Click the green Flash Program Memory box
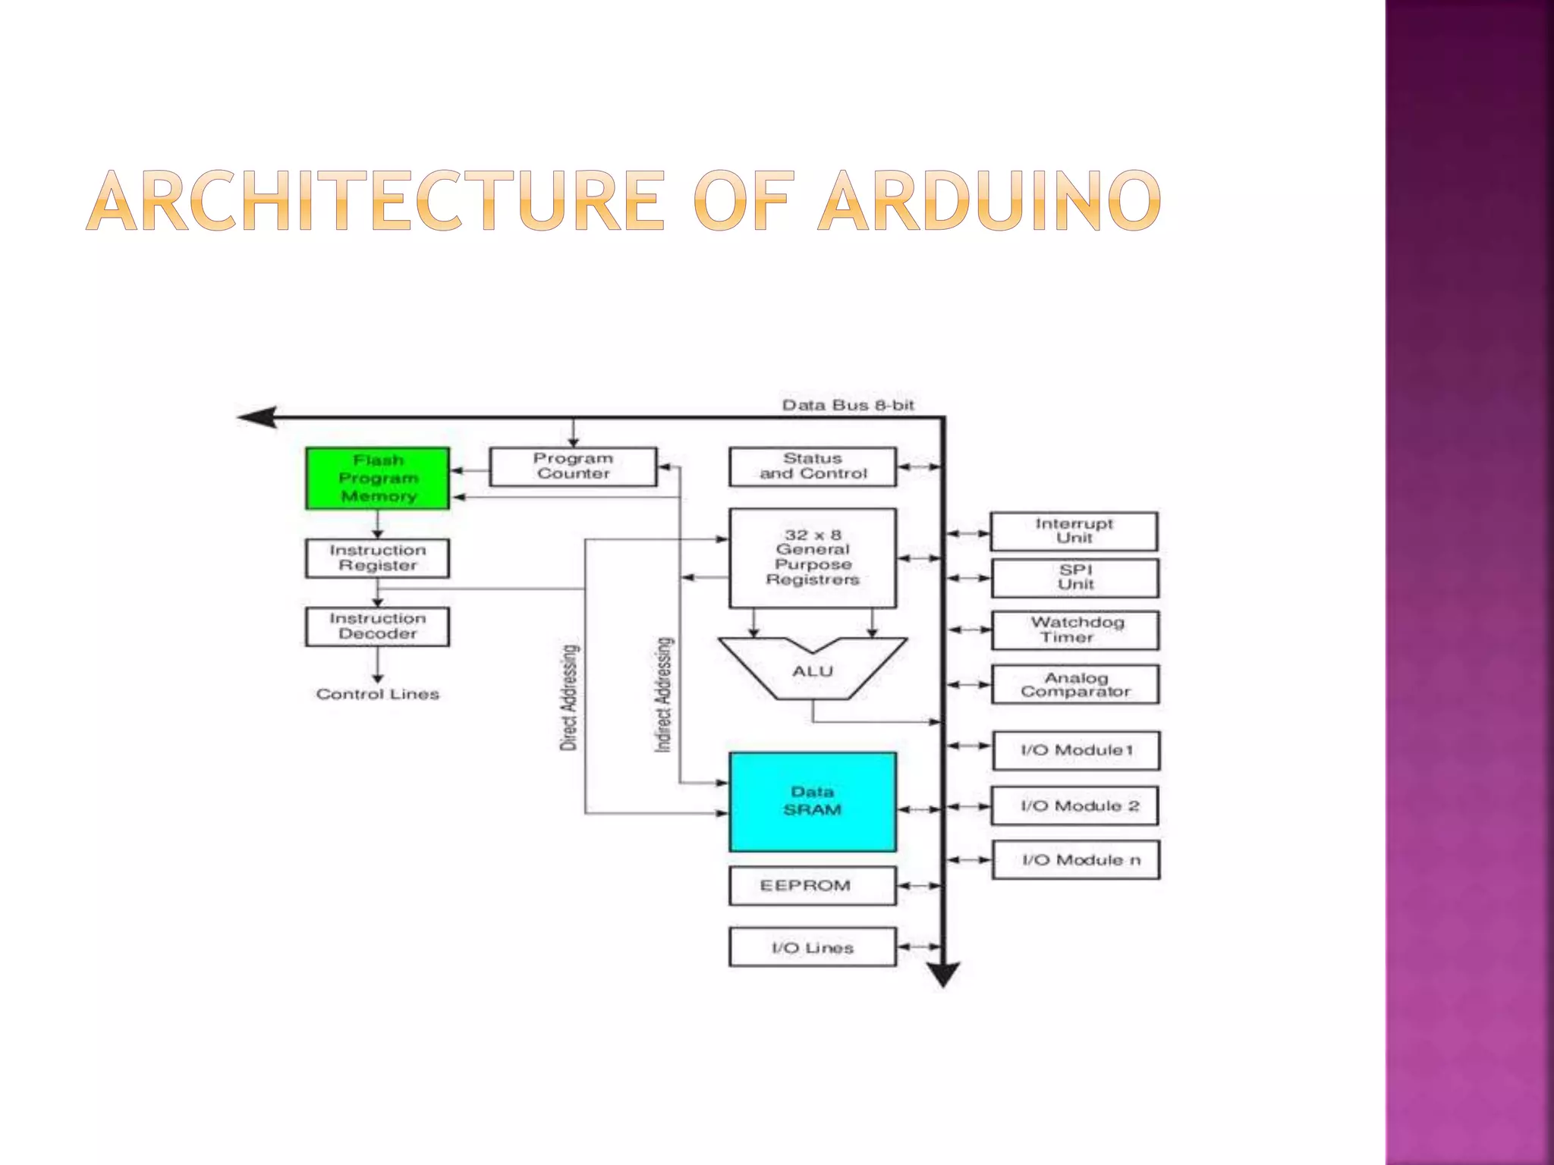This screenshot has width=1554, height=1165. [x=377, y=479]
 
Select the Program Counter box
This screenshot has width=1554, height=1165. [x=573, y=466]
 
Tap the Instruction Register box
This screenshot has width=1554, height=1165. [x=377, y=558]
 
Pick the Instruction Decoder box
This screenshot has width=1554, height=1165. [x=377, y=626]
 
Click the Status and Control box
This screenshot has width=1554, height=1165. [x=813, y=466]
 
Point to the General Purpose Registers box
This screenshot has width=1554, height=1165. [x=813, y=557]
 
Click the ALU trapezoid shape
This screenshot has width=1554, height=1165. [x=813, y=670]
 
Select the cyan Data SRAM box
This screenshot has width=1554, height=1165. [x=813, y=802]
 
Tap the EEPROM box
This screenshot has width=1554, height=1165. [x=813, y=886]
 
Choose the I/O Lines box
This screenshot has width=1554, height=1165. [x=813, y=947]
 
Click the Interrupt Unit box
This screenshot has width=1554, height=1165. [x=1074, y=531]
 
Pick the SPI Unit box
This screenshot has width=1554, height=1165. [x=1075, y=578]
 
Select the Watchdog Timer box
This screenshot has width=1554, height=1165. [x=1075, y=630]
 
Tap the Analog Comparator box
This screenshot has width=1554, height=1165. [x=1075, y=685]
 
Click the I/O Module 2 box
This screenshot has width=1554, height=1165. [x=1076, y=805]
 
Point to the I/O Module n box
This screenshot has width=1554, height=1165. [x=1076, y=860]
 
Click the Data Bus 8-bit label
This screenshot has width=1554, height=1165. [x=848, y=405]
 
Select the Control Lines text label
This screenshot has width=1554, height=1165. [x=377, y=694]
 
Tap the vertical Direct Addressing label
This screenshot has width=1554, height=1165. [x=569, y=698]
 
